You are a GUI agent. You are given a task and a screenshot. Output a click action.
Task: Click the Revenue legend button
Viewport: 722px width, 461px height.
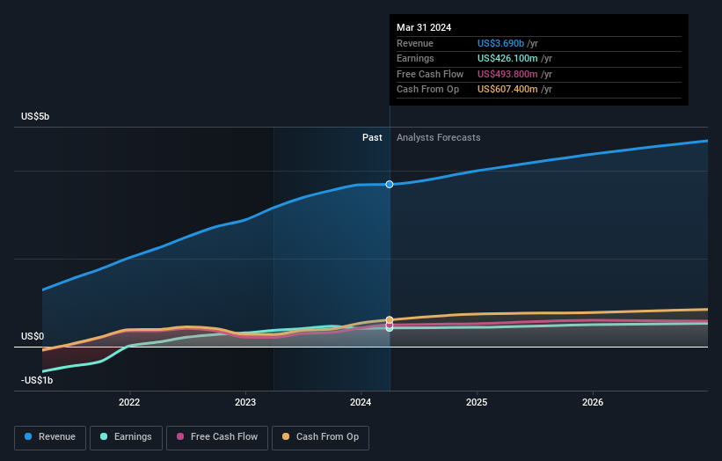[x=50, y=436]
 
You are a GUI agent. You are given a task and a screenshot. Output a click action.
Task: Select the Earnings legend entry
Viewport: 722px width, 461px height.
[x=126, y=436]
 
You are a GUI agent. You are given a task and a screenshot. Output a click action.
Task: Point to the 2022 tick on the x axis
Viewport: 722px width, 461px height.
[x=129, y=403]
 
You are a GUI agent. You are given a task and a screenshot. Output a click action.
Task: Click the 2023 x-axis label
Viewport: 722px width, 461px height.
[x=245, y=403]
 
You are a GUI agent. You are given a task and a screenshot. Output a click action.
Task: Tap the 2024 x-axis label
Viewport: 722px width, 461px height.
[x=361, y=403]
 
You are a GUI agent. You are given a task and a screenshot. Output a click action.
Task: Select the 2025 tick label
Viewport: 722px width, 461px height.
[x=477, y=403]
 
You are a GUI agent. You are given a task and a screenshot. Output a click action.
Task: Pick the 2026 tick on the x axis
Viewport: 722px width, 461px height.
[x=593, y=403]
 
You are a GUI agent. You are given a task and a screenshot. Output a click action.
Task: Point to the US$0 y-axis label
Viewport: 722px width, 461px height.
[x=33, y=337]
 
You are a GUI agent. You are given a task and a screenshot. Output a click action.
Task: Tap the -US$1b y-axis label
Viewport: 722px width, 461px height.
[x=37, y=380]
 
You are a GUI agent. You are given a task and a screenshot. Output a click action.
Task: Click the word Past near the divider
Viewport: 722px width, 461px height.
[x=372, y=137]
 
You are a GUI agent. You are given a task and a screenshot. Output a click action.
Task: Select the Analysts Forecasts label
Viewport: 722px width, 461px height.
[x=439, y=137]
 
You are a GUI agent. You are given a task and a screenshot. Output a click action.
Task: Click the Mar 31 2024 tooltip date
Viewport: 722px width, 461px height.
[x=424, y=27]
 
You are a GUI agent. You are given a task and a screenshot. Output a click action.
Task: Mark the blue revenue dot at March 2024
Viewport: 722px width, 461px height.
[x=389, y=184]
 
